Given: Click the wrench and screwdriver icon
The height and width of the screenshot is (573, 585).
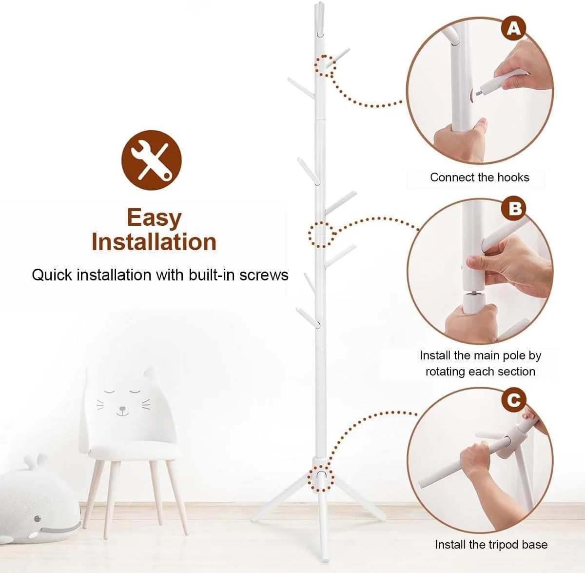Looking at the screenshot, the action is (x=152, y=160).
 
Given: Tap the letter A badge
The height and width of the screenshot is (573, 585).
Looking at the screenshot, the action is (x=514, y=29).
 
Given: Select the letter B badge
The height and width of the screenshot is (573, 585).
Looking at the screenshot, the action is (x=514, y=209).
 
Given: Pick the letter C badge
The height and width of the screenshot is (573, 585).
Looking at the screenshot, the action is (x=514, y=400).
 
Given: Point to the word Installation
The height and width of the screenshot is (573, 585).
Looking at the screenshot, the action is (x=154, y=242).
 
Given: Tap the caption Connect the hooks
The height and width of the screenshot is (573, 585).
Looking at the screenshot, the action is (x=479, y=178).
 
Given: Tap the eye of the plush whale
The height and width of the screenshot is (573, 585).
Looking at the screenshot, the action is (x=38, y=518).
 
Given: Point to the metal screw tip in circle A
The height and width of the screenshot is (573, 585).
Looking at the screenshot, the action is (x=478, y=93).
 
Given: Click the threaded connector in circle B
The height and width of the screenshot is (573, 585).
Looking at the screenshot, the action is (x=472, y=294).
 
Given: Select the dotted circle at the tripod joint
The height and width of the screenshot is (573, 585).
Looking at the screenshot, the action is (x=321, y=478).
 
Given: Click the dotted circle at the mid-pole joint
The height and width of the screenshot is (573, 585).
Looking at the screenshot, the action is (x=320, y=234).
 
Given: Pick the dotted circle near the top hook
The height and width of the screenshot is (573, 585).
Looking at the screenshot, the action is (x=325, y=66).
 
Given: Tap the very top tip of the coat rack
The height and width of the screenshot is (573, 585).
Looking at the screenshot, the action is (x=319, y=3).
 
